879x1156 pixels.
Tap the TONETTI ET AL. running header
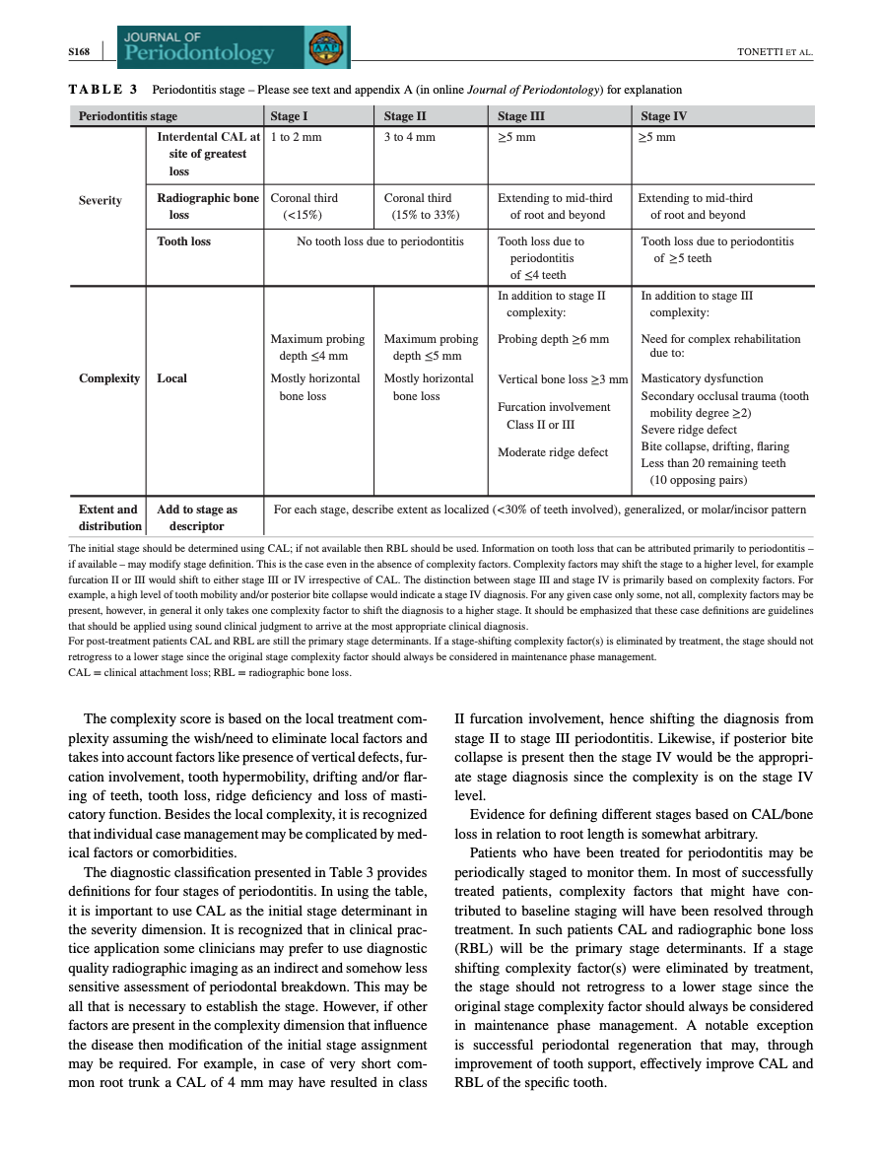tap(775, 51)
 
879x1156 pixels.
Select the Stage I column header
tap(290, 116)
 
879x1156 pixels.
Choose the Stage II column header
tap(405, 116)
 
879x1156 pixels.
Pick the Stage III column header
tap(521, 116)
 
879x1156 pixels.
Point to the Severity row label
tap(101, 200)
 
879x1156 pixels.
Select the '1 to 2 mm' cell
tap(297, 138)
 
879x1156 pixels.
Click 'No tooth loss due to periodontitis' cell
tap(380, 241)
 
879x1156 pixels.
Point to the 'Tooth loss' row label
tap(184, 241)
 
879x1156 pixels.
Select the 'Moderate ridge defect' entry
tap(554, 452)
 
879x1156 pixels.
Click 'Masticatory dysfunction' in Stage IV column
tap(702, 378)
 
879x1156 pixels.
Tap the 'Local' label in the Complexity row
tap(172, 378)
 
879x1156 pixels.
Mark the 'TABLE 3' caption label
tap(102, 90)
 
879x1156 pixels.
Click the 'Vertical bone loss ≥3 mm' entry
tap(563, 379)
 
